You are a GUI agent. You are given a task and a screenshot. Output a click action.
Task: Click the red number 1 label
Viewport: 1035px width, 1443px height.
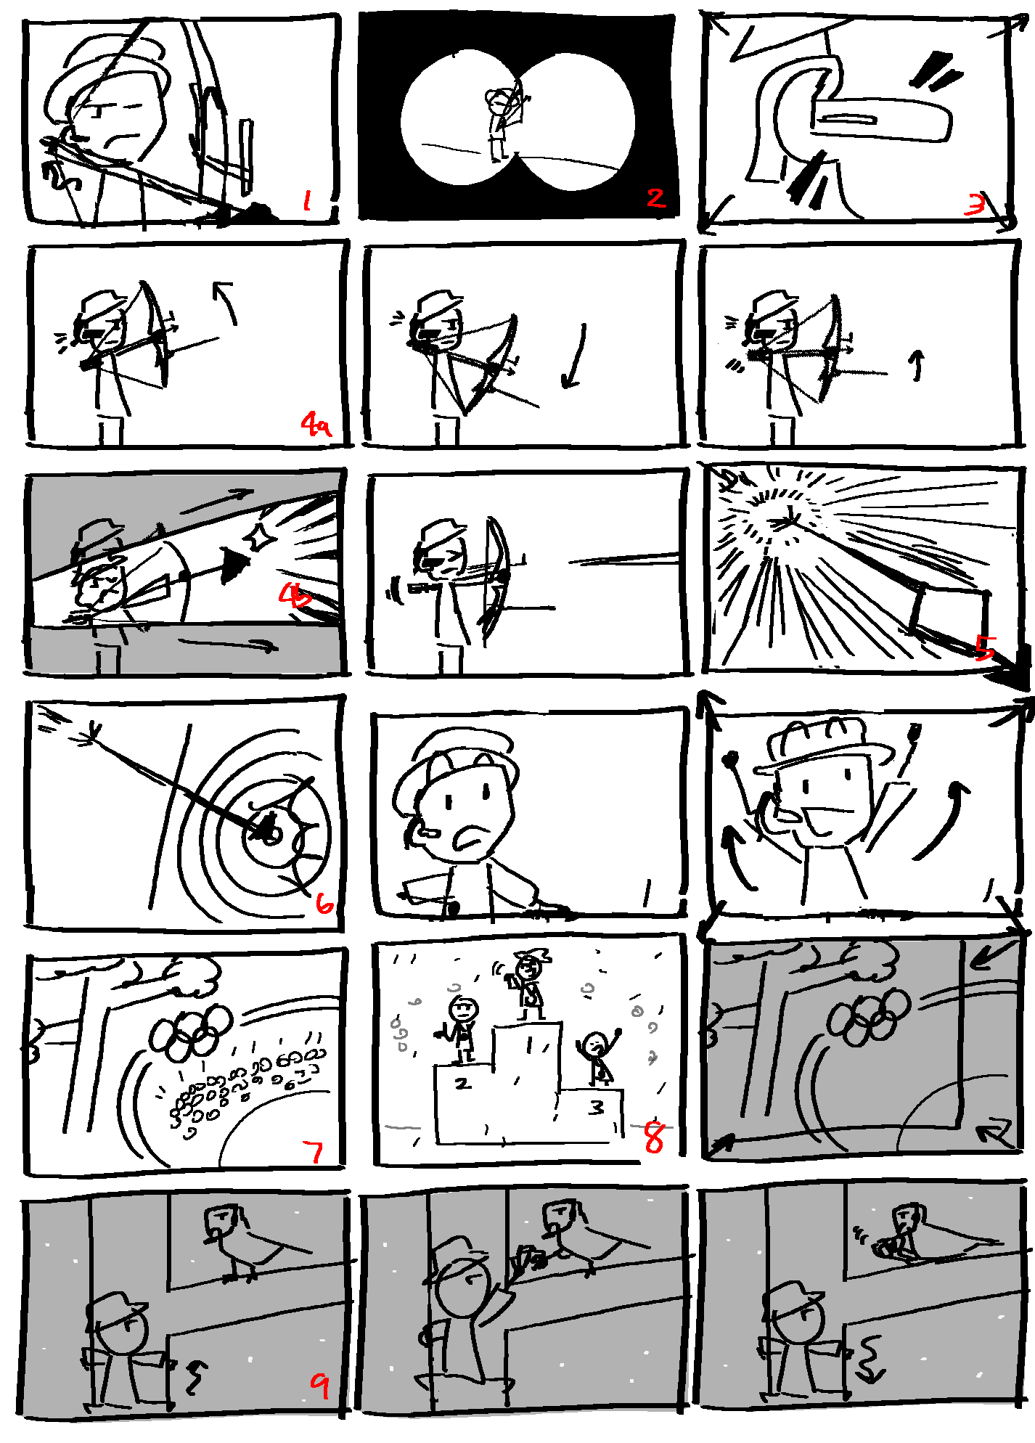tap(307, 200)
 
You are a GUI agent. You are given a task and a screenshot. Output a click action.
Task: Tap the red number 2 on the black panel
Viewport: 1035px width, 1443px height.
tap(655, 197)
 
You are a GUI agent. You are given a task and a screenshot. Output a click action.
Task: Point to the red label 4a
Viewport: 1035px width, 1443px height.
tap(316, 423)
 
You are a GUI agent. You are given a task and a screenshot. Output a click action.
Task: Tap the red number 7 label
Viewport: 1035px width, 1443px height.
tap(314, 1150)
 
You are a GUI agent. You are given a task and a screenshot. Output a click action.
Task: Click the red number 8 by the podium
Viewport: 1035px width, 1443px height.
tap(653, 1137)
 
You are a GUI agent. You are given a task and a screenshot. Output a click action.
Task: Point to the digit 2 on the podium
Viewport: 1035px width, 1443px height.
tap(462, 1083)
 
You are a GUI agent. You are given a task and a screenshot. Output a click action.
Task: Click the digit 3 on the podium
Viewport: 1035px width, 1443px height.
tap(596, 1107)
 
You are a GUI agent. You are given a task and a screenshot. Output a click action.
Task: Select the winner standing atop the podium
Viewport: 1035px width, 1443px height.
tap(529, 986)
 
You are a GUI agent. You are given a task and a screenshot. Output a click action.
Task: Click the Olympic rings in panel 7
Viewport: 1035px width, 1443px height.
tap(190, 1031)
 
